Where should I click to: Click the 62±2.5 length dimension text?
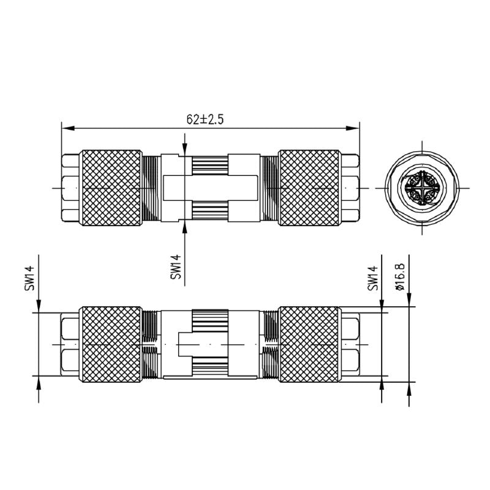(205, 120)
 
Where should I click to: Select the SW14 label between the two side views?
(176, 267)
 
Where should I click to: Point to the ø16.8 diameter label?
(400, 276)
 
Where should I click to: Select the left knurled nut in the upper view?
(112, 187)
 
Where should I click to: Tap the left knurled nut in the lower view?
(112, 345)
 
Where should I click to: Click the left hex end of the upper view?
(72, 187)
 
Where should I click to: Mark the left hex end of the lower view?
(72, 345)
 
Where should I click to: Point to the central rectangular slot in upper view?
(210, 187)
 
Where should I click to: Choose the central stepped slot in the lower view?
(210, 345)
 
